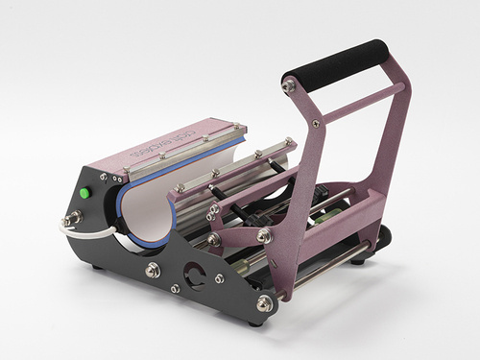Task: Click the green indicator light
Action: (84, 192)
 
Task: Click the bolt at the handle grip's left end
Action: (287, 86)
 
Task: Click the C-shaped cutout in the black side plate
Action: (193, 275)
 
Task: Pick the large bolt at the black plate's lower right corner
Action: (263, 303)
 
